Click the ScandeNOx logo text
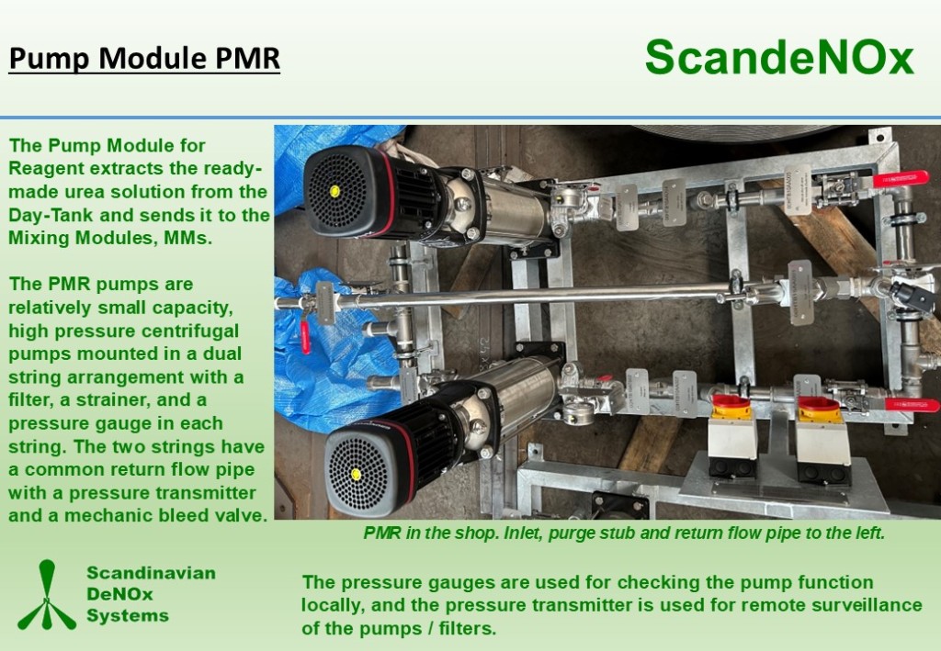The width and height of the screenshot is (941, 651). coord(779,58)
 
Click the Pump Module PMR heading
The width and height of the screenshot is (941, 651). coord(144,59)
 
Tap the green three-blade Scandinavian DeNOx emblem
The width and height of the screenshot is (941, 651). coord(47,595)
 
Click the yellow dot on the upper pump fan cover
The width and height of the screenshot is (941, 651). coord(334,191)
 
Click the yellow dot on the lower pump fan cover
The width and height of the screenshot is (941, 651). coord(356,475)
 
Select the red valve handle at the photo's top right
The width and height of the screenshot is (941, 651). coord(901,179)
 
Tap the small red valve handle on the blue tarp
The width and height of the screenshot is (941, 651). coord(305,337)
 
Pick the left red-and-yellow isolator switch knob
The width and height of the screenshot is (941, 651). coord(731,407)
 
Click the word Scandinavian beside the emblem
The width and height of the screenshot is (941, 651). coord(152,573)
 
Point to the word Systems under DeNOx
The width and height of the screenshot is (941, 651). coord(128,615)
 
